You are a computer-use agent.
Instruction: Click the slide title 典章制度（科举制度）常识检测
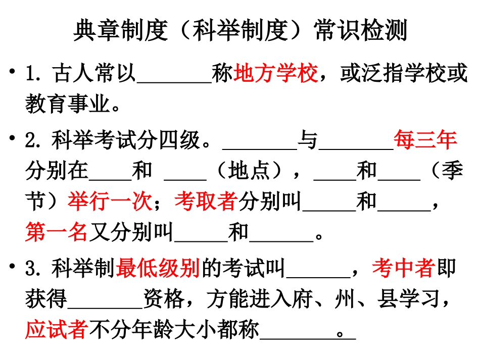pyautogui.click(x=240, y=31)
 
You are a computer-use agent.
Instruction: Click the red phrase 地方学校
pyautogui.click(x=276, y=75)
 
